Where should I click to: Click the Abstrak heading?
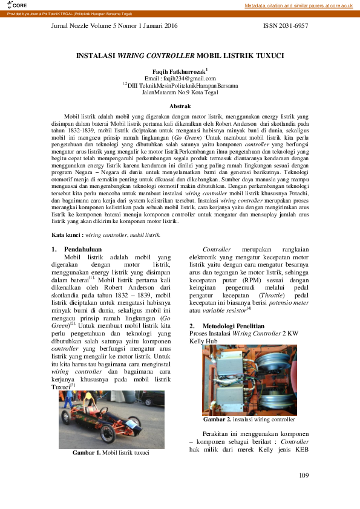click(180, 106)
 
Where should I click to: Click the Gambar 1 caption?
click(111, 452)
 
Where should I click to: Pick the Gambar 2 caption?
click(249, 419)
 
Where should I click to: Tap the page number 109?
click(304, 476)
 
